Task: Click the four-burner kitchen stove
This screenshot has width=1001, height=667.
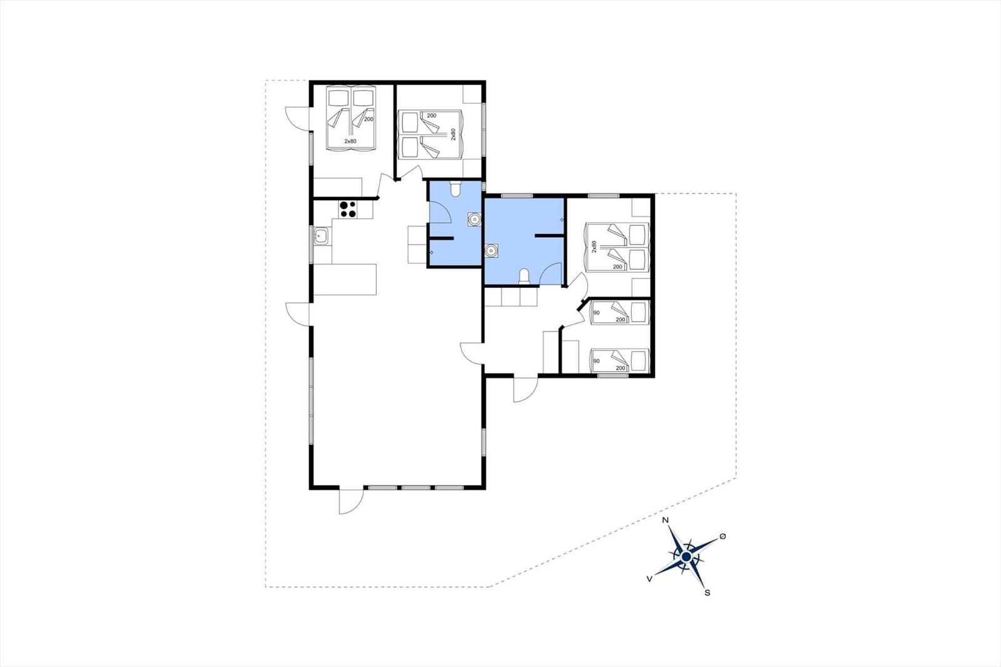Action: [x=348, y=209]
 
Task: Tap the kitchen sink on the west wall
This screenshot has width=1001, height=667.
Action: [x=321, y=236]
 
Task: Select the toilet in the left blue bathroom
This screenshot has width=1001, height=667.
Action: [x=455, y=189]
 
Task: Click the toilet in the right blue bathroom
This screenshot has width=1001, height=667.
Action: [x=524, y=277]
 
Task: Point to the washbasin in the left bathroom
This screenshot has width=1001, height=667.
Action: [x=474, y=220]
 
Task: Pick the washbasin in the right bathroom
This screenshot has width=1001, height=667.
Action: [x=492, y=251]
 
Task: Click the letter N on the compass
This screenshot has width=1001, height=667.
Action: [x=665, y=520]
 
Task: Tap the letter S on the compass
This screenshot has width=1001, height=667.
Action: [x=708, y=593]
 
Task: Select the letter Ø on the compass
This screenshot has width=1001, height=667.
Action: [x=723, y=536]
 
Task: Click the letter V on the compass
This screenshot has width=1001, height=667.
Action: [x=649, y=579]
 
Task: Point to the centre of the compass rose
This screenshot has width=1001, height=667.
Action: [x=686, y=557]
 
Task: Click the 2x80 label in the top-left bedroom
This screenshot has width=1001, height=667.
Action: [x=350, y=141]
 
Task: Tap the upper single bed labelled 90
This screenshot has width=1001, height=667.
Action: [x=620, y=312]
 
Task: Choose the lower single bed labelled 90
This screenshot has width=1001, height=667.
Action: [x=620, y=361]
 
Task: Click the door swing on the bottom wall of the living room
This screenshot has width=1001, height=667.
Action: [x=351, y=501]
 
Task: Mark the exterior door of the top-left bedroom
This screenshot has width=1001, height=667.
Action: [x=297, y=119]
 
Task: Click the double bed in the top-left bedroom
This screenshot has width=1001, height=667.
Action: [x=351, y=118]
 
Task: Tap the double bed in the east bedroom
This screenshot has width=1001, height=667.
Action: [x=617, y=247]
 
